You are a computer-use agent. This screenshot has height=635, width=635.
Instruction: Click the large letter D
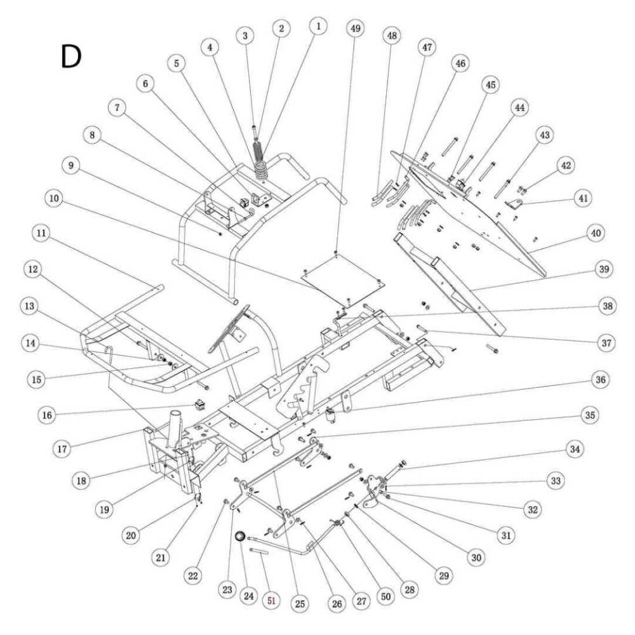point(71,57)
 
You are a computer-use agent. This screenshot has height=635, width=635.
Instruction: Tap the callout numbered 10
point(55,198)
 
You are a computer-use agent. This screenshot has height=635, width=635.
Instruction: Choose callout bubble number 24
point(248,598)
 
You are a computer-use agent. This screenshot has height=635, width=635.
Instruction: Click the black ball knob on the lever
point(240,537)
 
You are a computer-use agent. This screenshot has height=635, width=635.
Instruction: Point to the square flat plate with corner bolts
point(341,277)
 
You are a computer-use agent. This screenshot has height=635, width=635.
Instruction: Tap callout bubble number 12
point(32,270)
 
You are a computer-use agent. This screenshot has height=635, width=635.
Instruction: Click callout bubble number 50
point(385,598)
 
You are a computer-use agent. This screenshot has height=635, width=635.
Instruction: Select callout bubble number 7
point(117,107)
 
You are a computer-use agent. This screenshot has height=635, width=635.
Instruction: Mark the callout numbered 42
point(565,164)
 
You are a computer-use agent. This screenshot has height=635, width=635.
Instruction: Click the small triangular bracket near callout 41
point(516,204)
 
